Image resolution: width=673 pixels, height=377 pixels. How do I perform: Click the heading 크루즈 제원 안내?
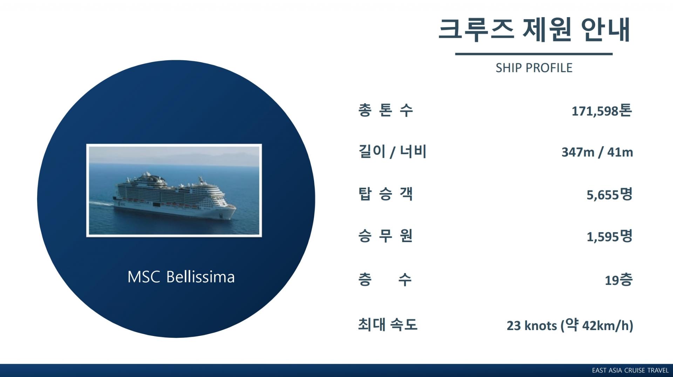click(534, 30)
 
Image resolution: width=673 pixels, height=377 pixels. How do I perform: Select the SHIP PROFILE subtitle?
click(534, 68)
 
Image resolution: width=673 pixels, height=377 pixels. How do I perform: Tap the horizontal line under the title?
click(533, 54)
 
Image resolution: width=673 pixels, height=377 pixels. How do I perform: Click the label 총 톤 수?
click(385, 110)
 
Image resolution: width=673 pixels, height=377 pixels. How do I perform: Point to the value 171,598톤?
click(602, 111)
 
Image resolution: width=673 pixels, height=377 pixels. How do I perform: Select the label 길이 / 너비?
click(392, 152)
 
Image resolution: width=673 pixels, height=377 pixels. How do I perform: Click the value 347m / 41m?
click(597, 152)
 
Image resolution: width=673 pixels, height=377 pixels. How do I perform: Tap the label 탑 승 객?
click(385, 194)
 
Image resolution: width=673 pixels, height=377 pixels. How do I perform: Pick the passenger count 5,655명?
click(610, 194)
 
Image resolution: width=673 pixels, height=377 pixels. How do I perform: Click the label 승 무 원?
click(385, 236)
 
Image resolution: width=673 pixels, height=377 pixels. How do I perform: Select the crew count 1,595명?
click(610, 237)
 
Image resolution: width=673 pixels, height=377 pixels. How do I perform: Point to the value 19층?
click(619, 280)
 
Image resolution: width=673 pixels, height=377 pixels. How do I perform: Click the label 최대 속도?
click(388, 324)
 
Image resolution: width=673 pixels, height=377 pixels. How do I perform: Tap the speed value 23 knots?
click(532, 326)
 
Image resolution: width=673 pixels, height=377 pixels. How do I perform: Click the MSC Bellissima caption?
click(181, 277)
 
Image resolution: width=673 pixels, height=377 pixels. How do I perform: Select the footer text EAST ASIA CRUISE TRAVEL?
click(630, 370)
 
